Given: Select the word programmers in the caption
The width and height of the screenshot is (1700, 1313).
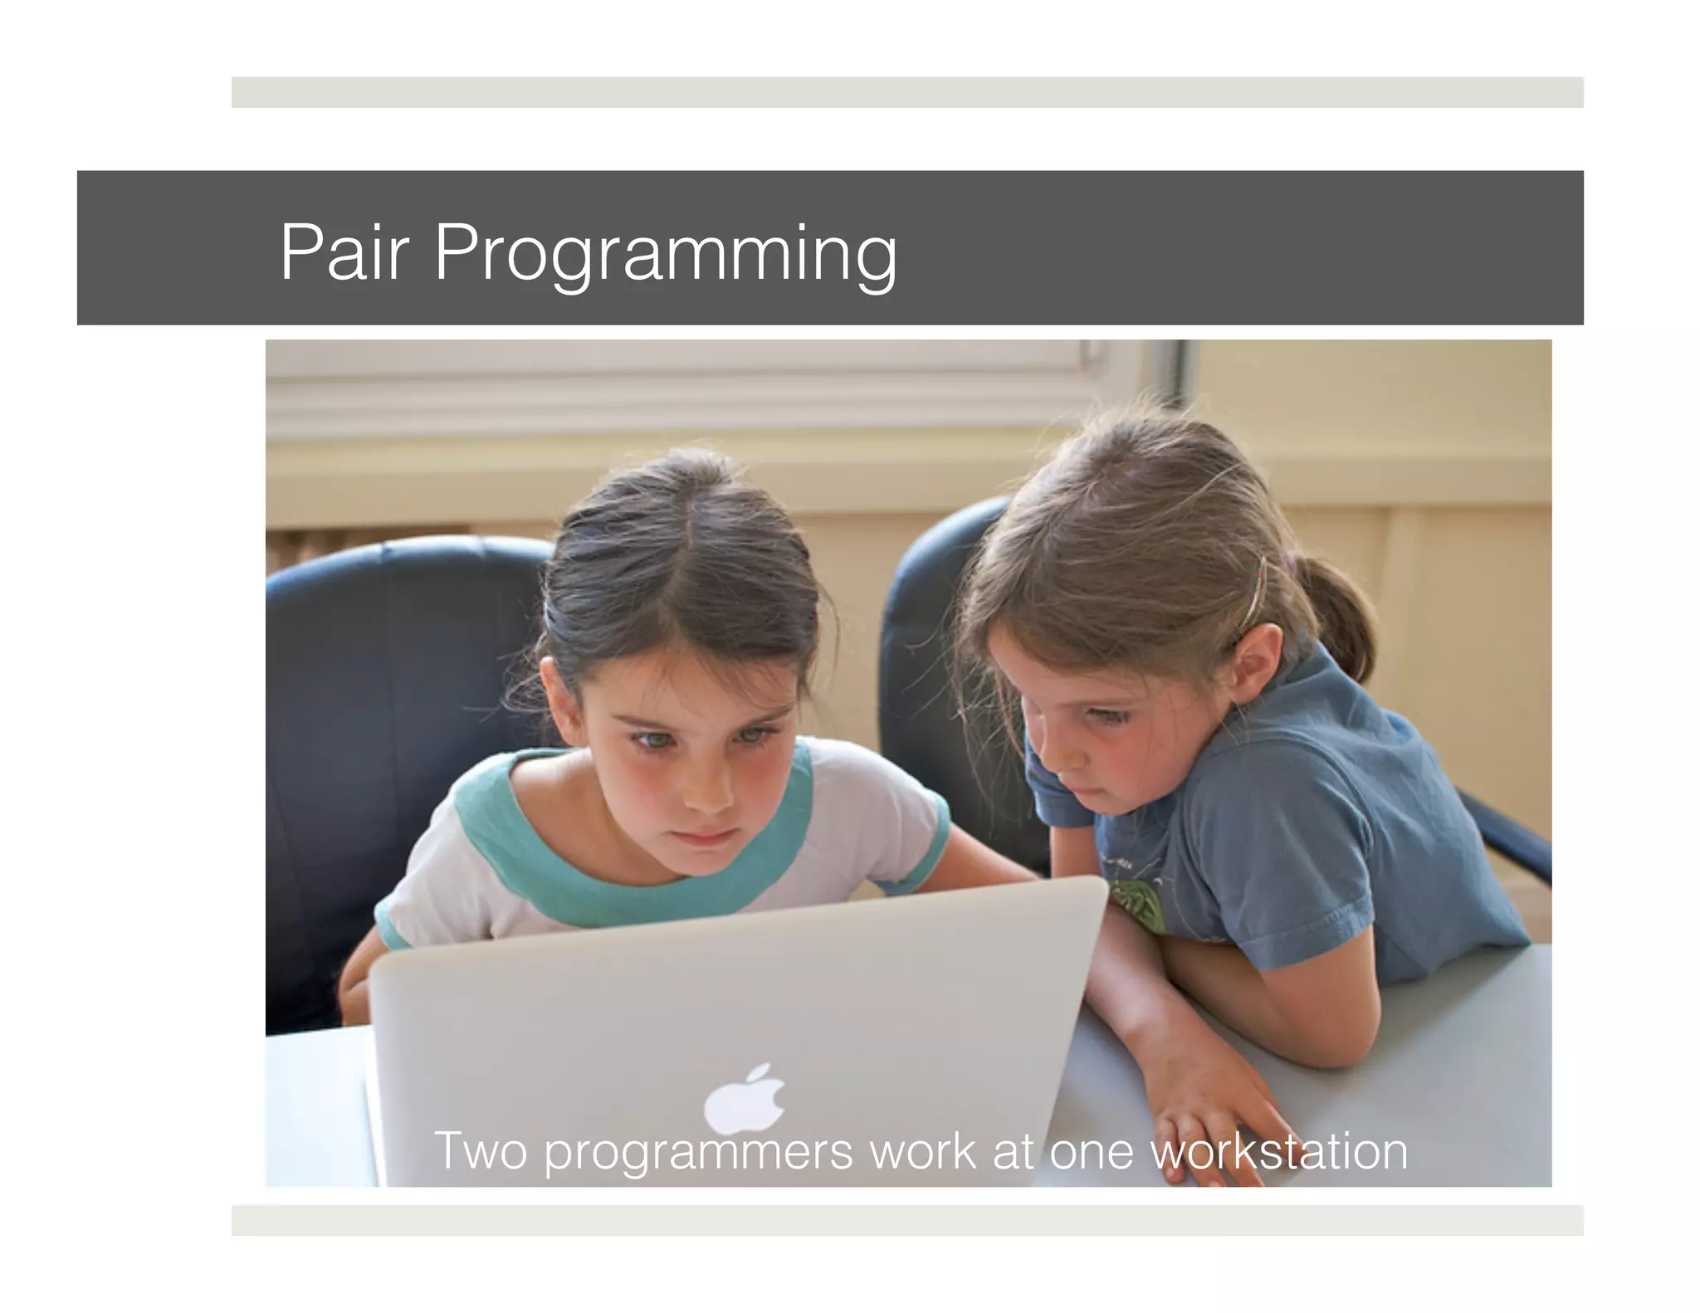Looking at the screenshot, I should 698,1152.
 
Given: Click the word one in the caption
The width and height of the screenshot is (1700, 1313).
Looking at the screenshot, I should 1091,1152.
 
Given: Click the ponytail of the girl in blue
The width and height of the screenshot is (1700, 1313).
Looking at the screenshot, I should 1336,614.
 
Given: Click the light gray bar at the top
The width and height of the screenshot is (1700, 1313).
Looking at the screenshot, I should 906,92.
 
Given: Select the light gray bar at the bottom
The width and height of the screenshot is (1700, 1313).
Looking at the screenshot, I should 906,1219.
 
